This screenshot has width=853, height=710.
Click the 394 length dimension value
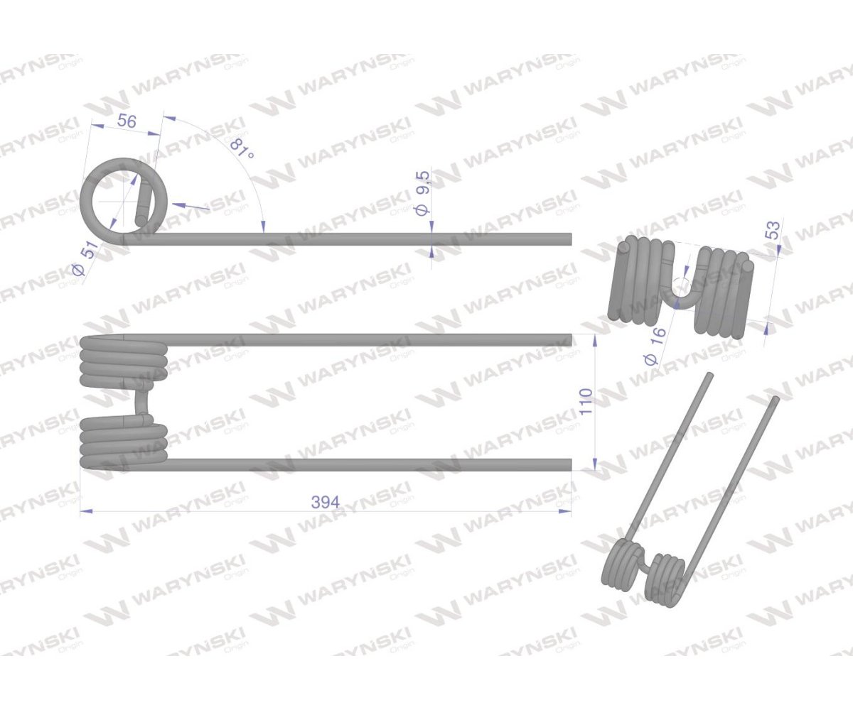(x=325, y=502)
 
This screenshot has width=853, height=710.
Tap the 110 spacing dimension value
(x=586, y=402)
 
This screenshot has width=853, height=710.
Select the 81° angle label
(x=242, y=149)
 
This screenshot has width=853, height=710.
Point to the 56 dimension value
(x=127, y=121)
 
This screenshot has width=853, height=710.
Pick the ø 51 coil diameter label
(x=87, y=258)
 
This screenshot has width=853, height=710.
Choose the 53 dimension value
(x=774, y=230)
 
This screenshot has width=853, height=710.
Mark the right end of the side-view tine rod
(x=571, y=239)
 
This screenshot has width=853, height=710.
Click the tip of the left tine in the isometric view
(x=710, y=375)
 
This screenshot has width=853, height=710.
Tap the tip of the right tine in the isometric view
(x=775, y=399)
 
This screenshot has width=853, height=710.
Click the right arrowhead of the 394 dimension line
(x=565, y=510)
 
